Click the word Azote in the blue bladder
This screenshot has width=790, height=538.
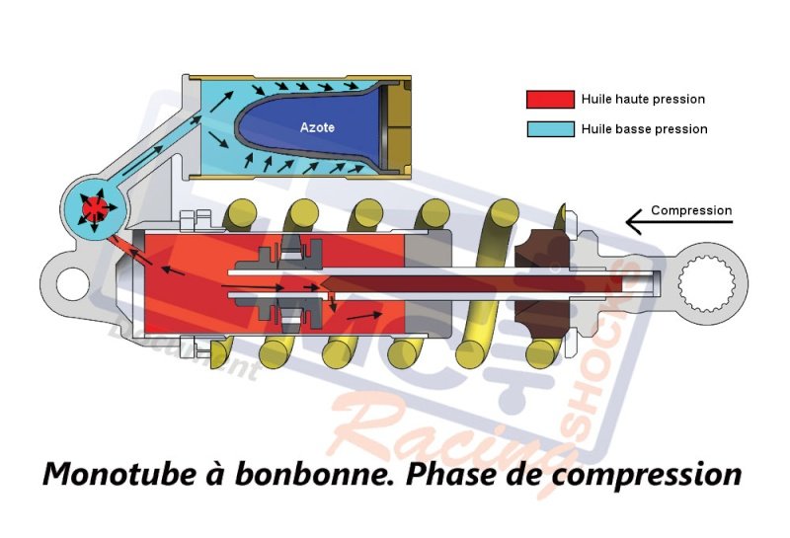pos(316,128)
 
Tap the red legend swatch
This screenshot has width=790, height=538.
pos(550,100)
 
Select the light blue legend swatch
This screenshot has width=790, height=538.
pos(550,129)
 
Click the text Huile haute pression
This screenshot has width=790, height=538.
pos(643,100)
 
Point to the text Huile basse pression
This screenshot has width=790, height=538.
pos(644,129)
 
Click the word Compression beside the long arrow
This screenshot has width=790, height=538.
pos(691,210)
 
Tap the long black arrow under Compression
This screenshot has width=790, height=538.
pos(681,225)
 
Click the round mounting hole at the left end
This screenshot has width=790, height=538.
pos(70,284)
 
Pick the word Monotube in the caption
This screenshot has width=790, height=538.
pos(113,474)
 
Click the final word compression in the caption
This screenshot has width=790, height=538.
pos(647,475)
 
